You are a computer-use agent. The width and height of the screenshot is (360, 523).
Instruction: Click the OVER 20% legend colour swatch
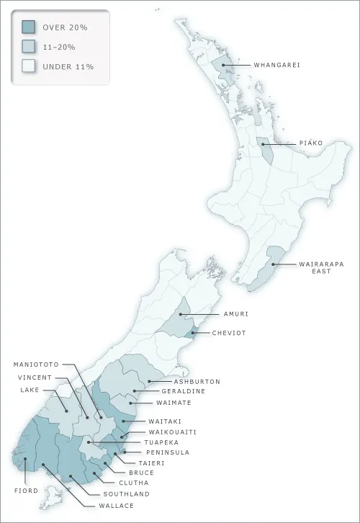28,27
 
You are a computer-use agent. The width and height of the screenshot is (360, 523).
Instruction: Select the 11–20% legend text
59,47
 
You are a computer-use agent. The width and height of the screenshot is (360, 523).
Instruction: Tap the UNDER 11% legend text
68,66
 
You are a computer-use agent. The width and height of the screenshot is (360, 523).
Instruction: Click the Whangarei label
276,66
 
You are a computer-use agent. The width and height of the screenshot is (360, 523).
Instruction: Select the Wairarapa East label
301,268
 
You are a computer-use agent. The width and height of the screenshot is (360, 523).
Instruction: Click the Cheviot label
230,334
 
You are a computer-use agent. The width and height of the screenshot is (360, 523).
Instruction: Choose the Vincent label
35,377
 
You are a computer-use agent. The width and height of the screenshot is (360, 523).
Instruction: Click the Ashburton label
197,381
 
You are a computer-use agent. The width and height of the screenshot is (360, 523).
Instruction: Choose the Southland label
126,494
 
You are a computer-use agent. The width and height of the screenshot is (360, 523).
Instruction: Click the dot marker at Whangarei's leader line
224,66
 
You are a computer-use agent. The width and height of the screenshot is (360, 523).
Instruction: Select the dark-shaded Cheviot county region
191,331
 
